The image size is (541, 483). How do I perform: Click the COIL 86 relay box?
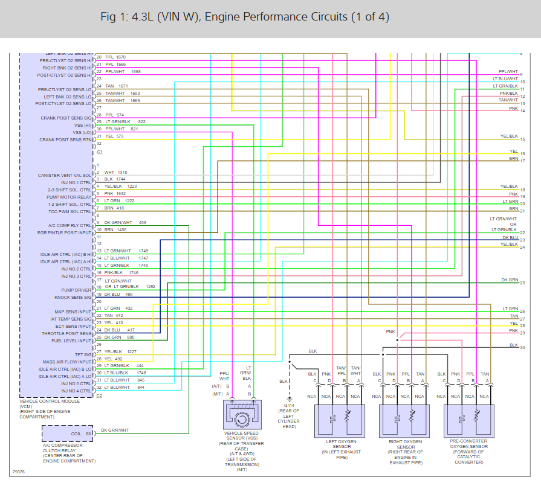point(67,433)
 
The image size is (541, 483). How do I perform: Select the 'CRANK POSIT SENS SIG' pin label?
point(66,118)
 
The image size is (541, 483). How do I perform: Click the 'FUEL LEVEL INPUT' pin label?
point(71,341)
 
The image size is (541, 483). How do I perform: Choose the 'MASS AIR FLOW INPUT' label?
point(67,362)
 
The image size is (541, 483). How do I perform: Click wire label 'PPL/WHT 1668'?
point(122,71)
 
